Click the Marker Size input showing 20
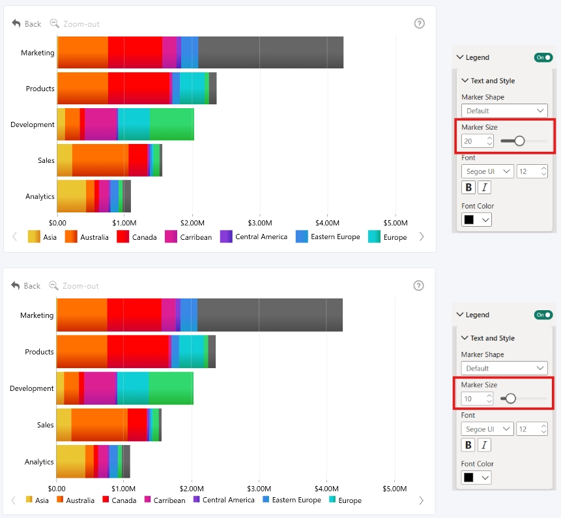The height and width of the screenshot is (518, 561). pos(478,141)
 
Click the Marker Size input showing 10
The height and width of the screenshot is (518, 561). pos(477,399)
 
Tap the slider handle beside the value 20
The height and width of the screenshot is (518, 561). pos(519,141)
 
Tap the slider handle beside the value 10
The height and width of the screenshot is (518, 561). pos(511,398)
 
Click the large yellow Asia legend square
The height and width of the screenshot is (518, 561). pos(34,237)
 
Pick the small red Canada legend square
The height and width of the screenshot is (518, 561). pos(106,499)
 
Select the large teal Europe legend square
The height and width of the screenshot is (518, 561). pos(374,237)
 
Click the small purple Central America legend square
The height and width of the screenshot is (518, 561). pos(196,499)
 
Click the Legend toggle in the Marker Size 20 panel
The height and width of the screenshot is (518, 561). pos(543,57)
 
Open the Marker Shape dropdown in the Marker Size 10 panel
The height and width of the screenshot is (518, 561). pos(504,368)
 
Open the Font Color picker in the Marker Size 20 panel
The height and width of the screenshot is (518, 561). pos(476,220)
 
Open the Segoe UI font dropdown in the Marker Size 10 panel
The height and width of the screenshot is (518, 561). pos(487,429)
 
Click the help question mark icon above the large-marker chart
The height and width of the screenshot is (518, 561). pos(420,23)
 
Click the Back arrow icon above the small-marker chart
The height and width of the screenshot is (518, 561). pos(16,285)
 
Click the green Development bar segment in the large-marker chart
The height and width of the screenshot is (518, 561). pos(172,124)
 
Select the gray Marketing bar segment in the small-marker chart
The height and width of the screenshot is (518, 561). pos(270,315)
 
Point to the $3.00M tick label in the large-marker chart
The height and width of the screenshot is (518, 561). pos(260,223)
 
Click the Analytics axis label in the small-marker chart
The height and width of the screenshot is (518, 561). pos(39,462)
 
